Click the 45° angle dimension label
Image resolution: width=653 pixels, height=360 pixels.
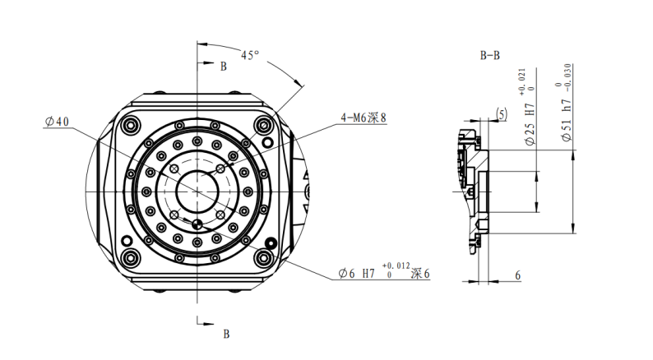250,55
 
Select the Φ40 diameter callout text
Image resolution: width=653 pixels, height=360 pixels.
57,122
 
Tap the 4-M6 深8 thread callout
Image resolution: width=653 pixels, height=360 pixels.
364,118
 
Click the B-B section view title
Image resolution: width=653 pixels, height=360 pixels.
490,55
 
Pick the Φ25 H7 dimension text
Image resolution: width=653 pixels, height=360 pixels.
530,125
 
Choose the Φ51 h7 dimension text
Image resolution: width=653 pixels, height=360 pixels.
567,121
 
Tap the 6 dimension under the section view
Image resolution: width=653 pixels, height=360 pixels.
517,275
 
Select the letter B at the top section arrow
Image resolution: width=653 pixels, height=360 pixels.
224,67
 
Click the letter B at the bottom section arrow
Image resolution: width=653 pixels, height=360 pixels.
226,335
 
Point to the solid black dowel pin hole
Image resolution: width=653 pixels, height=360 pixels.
271,243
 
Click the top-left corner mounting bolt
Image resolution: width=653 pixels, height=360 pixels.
130,125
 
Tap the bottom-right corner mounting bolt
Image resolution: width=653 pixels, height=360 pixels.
264,258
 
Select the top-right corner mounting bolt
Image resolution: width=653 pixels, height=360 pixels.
264,125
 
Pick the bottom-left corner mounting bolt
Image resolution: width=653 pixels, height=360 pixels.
130,257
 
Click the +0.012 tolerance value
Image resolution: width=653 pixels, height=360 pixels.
396,265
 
